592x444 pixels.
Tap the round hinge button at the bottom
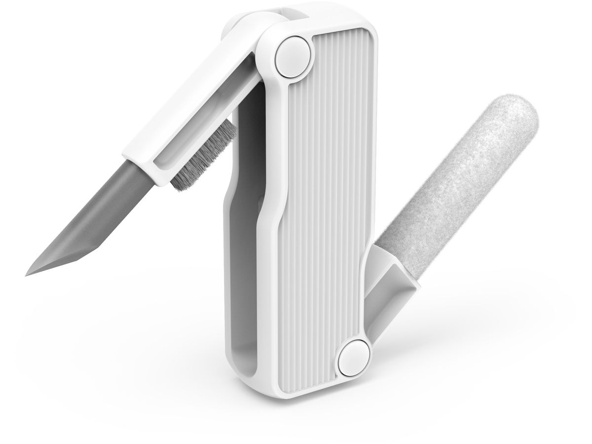[354, 356]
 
